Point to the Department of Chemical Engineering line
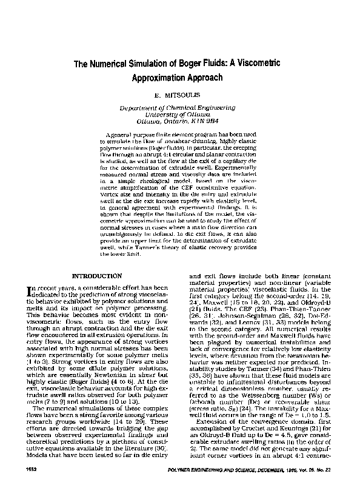point(180,107)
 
